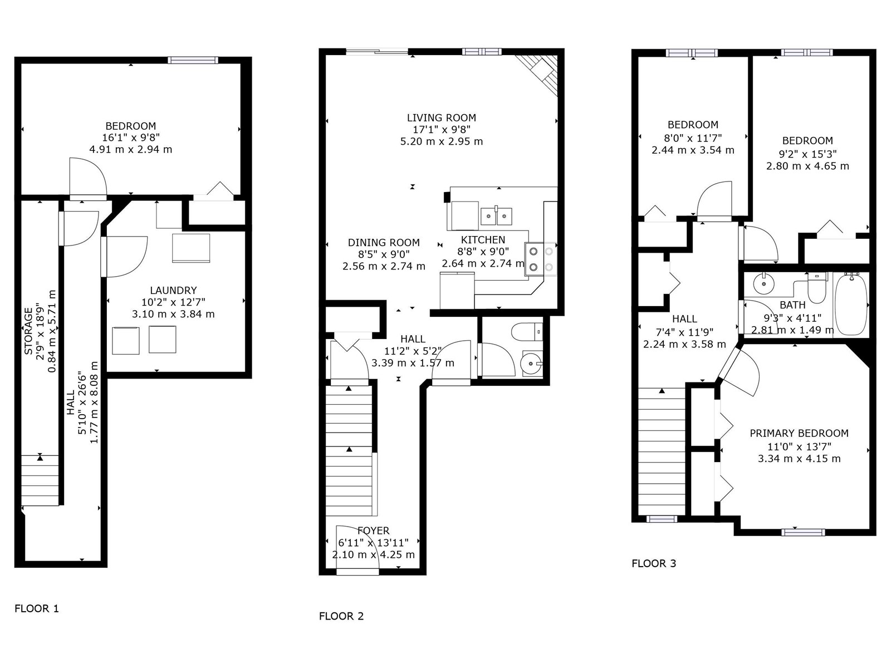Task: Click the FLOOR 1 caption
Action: pyautogui.click(x=37, y=608)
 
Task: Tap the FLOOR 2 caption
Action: pyautogui.click(x=341, y=616)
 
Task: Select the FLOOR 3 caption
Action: pyautogui.click(x=654, y=563)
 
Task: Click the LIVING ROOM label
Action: pyautogui.click(x=441, y=117)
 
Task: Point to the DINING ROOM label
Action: pyautogui.click(x=384, y=243)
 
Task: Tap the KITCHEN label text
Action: pyautogui.click(x=483, y=240)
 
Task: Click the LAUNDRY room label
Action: pyautogui.click(x=173, y=291)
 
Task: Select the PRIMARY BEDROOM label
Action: pyautogui.click(x=799, y=433)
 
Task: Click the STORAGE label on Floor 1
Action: pyautogui.click(x=28, y=331)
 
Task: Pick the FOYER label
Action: pyautogui.click(x=374, y=531)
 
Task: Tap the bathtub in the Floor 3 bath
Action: pyautogui.click(x=851, y=304)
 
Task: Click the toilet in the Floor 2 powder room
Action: pyautogui.click(x=527, y=332)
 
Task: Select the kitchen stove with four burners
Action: pyautogui.click(x=541, y=259)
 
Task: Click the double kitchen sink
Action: pyautogui.click(x=496, y=216)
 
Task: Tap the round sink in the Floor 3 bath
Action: pyautogui.click(x=763, y=283)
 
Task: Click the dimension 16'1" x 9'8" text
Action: pyautogui.click(x=131, y=137)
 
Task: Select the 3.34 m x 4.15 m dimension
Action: pyautogui.click(x=799, y=459)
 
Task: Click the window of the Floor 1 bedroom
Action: pyautogui.click(x=193, y=60)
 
